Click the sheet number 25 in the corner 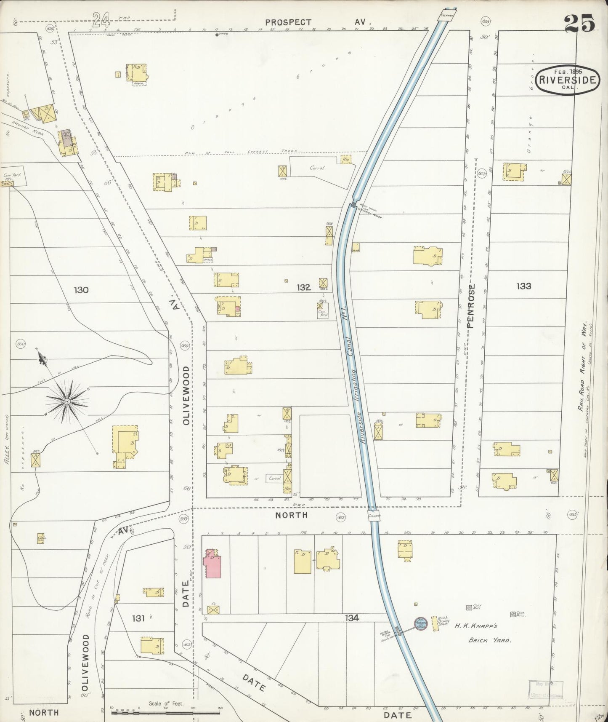(580, 23)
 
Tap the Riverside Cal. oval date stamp (568, 80)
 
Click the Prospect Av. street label (318, 22)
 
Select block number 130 (81, 290)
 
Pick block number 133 (524, 286)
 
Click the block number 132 (303, 287)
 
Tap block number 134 (352, 618)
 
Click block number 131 (138, 618)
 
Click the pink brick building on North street (212, 564)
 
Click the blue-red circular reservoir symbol (421, 623)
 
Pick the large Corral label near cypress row (317, 168)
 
